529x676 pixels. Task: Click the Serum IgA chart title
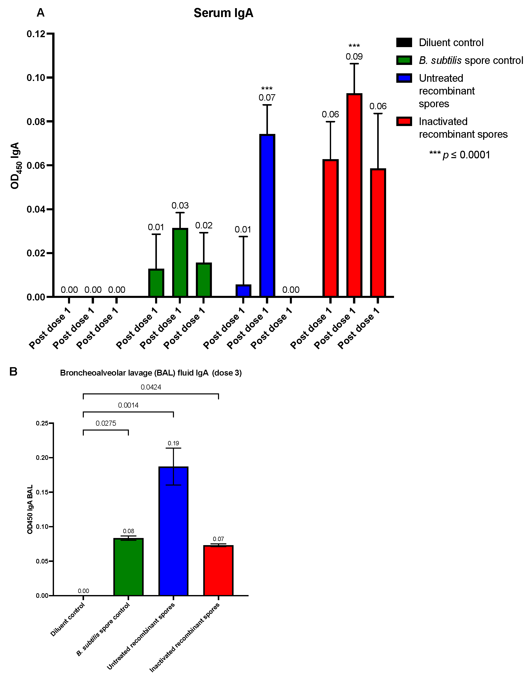(x=223, y=13)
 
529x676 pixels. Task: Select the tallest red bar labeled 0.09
(x=354, y=195)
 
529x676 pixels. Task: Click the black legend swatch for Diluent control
(x=404, y=43)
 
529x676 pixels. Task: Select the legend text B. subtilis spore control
(x=471, y=60)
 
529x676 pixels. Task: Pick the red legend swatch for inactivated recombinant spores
(x=404, y=121)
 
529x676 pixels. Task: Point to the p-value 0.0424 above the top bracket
(x=151, y=387)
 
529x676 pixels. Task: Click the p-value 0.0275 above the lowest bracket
(x=106, y=423)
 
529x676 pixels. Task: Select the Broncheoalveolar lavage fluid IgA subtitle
(x=151, y=373)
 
